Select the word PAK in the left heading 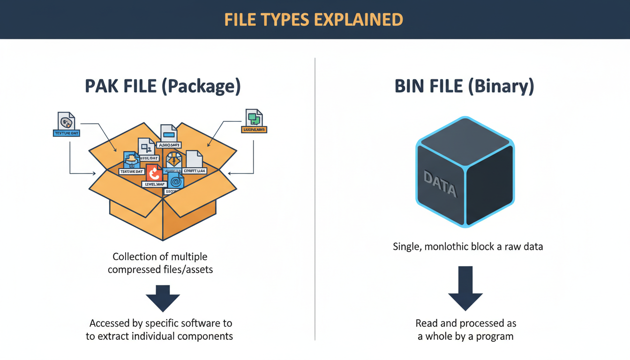[x=99, y=87]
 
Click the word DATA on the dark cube [x=440, y=183]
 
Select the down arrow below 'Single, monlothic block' [x=465, y=288]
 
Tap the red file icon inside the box [x=154, y=173]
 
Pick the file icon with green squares [x=254, y=118]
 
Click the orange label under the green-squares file [x=254, y=129]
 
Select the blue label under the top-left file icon [x=66, y=133]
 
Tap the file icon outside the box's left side [x=66, y=121]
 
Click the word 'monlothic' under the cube [x=446, y=247]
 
